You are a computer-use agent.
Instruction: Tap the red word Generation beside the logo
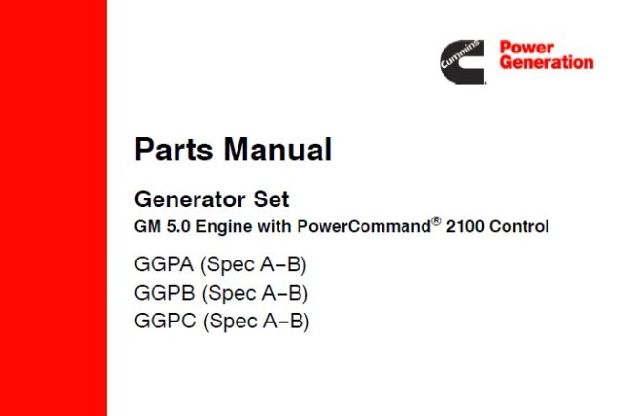(546, 63)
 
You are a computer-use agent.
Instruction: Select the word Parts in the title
(172, 150)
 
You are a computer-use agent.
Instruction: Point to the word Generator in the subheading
(189, 200)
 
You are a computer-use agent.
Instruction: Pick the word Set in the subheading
(271, 200)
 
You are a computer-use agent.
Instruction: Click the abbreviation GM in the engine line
(146, 227)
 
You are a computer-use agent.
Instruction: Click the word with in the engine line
(269, 227)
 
